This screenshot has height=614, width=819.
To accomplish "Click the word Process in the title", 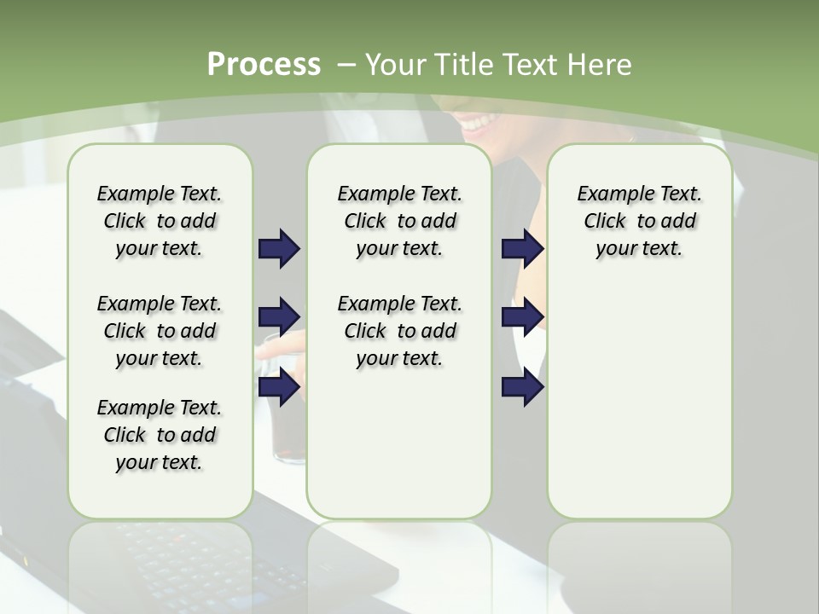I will [x=264, y=65].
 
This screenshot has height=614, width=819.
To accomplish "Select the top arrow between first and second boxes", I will [x=279, y=249].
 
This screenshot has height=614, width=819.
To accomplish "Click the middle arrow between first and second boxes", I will [x=279, y=317].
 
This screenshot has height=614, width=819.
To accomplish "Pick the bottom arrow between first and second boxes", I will [x=279, y=387].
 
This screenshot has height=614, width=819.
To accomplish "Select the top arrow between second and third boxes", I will [x=522, y=249].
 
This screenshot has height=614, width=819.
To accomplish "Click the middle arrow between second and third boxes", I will [x=522, y=317].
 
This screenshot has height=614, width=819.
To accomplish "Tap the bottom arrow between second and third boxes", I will [x=522, y=387].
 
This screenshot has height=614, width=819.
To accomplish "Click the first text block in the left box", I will [x=160, y=221].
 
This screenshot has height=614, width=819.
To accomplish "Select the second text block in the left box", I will [x=160, y=331].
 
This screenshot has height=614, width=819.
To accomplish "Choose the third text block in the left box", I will [x=160, y=435].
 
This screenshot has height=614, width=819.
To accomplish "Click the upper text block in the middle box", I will [x=399, y=221].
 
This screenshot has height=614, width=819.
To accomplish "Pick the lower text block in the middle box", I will [x=399, y=331].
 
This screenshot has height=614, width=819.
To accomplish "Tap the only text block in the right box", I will [x=639, y=221].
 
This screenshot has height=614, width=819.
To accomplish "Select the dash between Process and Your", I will [x=346, y=65].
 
